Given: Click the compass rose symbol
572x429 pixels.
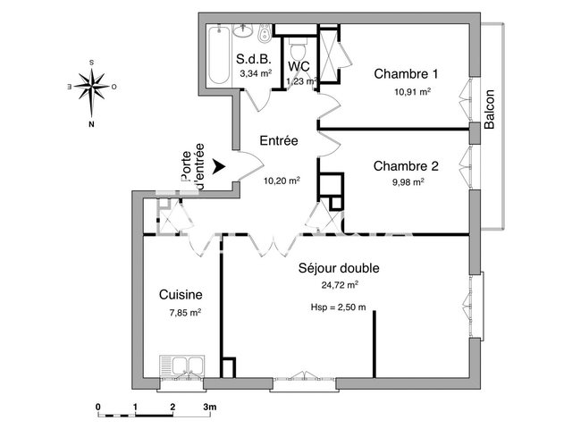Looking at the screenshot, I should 91,88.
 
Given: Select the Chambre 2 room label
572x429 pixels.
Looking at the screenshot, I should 406,165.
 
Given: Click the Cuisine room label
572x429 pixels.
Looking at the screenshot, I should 181,294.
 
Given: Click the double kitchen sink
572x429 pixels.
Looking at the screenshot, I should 181,367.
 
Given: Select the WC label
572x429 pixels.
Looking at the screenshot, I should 299,66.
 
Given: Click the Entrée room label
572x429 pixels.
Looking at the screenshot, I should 278,141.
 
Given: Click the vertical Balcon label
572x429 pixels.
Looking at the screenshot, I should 490,109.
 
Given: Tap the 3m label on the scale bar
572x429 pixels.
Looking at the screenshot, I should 210,407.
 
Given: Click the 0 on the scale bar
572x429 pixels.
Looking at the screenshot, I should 97,407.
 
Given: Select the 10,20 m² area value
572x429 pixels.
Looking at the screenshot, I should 281,180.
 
